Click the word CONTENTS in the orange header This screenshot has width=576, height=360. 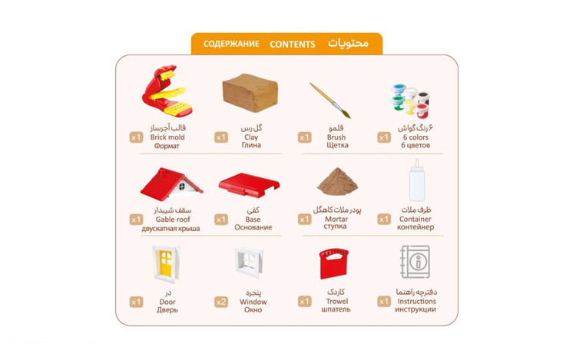point(293,45)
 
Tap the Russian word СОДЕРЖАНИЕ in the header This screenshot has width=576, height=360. point(231,44)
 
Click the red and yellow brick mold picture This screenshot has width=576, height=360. point(168,91)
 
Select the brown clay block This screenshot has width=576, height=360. point(250,92)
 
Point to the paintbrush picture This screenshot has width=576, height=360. point(330,101)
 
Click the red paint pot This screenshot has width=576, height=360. point(422,111)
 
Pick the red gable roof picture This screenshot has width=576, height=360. point(171,184)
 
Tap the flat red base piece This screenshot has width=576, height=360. point(249,185)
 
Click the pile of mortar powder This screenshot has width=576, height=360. point(337,181)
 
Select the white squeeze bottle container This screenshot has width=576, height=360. point(417,180)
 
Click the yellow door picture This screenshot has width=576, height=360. point(166,263)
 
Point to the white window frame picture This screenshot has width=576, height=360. point(249,262)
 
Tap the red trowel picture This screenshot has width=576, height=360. point(333,263)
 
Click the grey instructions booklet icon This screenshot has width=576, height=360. point(415,262)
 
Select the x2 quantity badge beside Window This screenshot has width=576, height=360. point(221,302)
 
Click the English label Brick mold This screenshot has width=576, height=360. point(167,137)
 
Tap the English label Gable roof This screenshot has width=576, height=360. point(173,220)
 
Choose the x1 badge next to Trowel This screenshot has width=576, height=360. point(305,302)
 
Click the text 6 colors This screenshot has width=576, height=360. point(415,137)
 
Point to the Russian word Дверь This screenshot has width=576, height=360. point(167,310)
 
